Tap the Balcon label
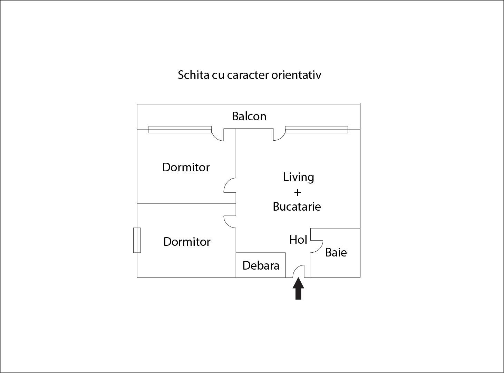[x=249, y=116]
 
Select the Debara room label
[x=261, y=265]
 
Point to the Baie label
[x=336, y=252]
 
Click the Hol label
[x=298, y=240]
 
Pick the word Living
[x=299, y=177]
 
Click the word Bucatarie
[x=297, y=206]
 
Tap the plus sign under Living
[x=297, y=192]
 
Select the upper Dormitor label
[x=186, y=167]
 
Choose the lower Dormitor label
[x=187, y=242]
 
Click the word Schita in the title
[x=193, y=75]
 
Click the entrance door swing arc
[x=295, y=269]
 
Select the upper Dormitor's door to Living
[x=226, y=183]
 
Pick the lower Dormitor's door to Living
[x=226, y=223]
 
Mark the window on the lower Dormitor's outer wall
[x=137, y=240]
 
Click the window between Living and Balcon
[x=317, y=129]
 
